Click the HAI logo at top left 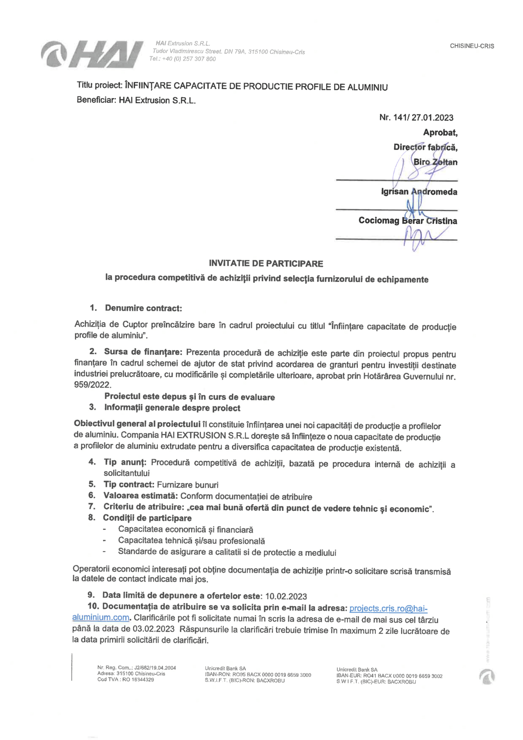[92, 55]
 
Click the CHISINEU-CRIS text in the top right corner [472, 46]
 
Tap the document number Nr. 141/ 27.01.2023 [416, 118]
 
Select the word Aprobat [440, 133]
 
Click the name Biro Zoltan [435, 162]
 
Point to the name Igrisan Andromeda [419, 192]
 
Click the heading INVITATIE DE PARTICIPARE [266, 263]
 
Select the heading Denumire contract [143, 308]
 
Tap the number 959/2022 [92, 385]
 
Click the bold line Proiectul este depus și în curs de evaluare [189, 397]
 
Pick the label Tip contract [129, 484]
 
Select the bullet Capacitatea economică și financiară [186, 529]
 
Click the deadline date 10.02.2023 [286, 596]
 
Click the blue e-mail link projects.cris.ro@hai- [388, 608]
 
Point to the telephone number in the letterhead [183, 59]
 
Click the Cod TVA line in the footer [125, 679]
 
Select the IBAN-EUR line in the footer [389, 676]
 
